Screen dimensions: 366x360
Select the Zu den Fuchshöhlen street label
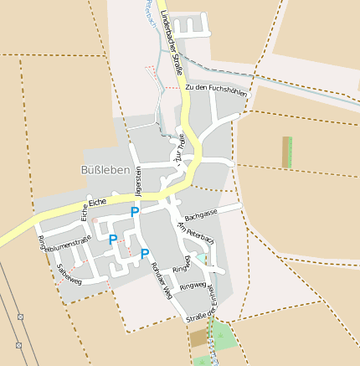tap(216, 90)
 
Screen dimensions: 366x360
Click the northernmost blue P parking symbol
tap(134, 213)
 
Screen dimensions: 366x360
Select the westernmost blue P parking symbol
tap(113, 240)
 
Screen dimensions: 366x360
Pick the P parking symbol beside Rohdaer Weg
tap(145, 253)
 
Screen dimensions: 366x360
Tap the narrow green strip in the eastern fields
tap(290, 152)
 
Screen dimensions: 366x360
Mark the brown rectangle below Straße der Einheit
tap(198, 338)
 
